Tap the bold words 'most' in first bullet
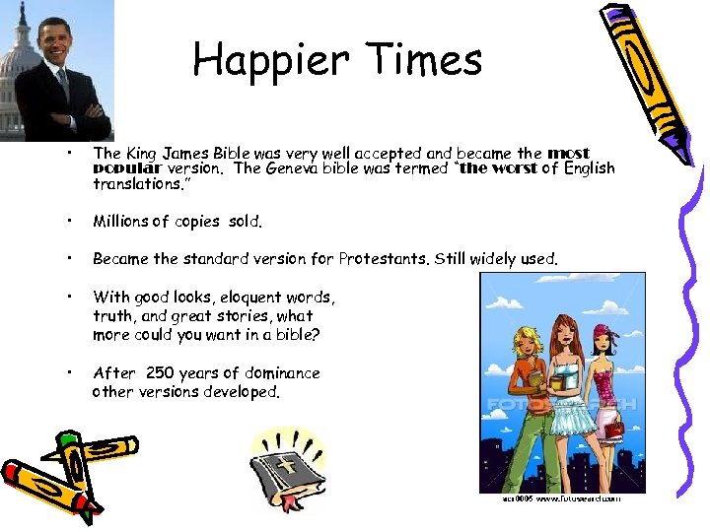[x=568, y=153]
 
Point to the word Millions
[x=120, y=222]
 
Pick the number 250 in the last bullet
[x=160, y=373]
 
